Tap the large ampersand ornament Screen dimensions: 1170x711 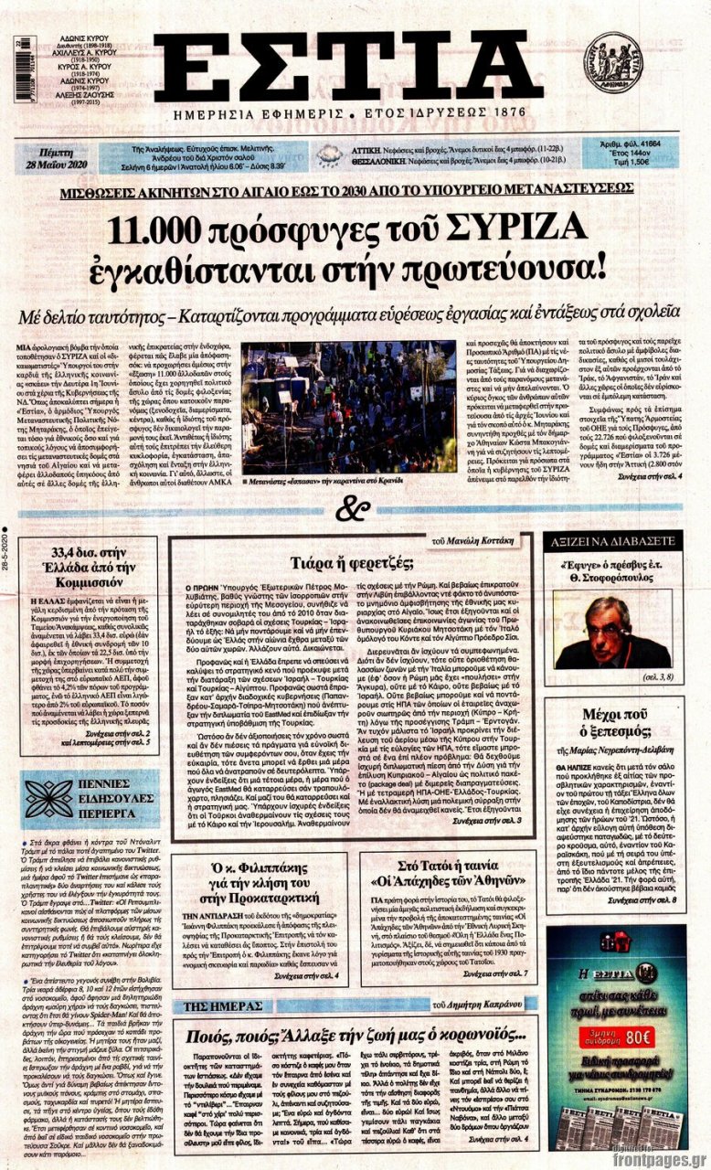[355, 507]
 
